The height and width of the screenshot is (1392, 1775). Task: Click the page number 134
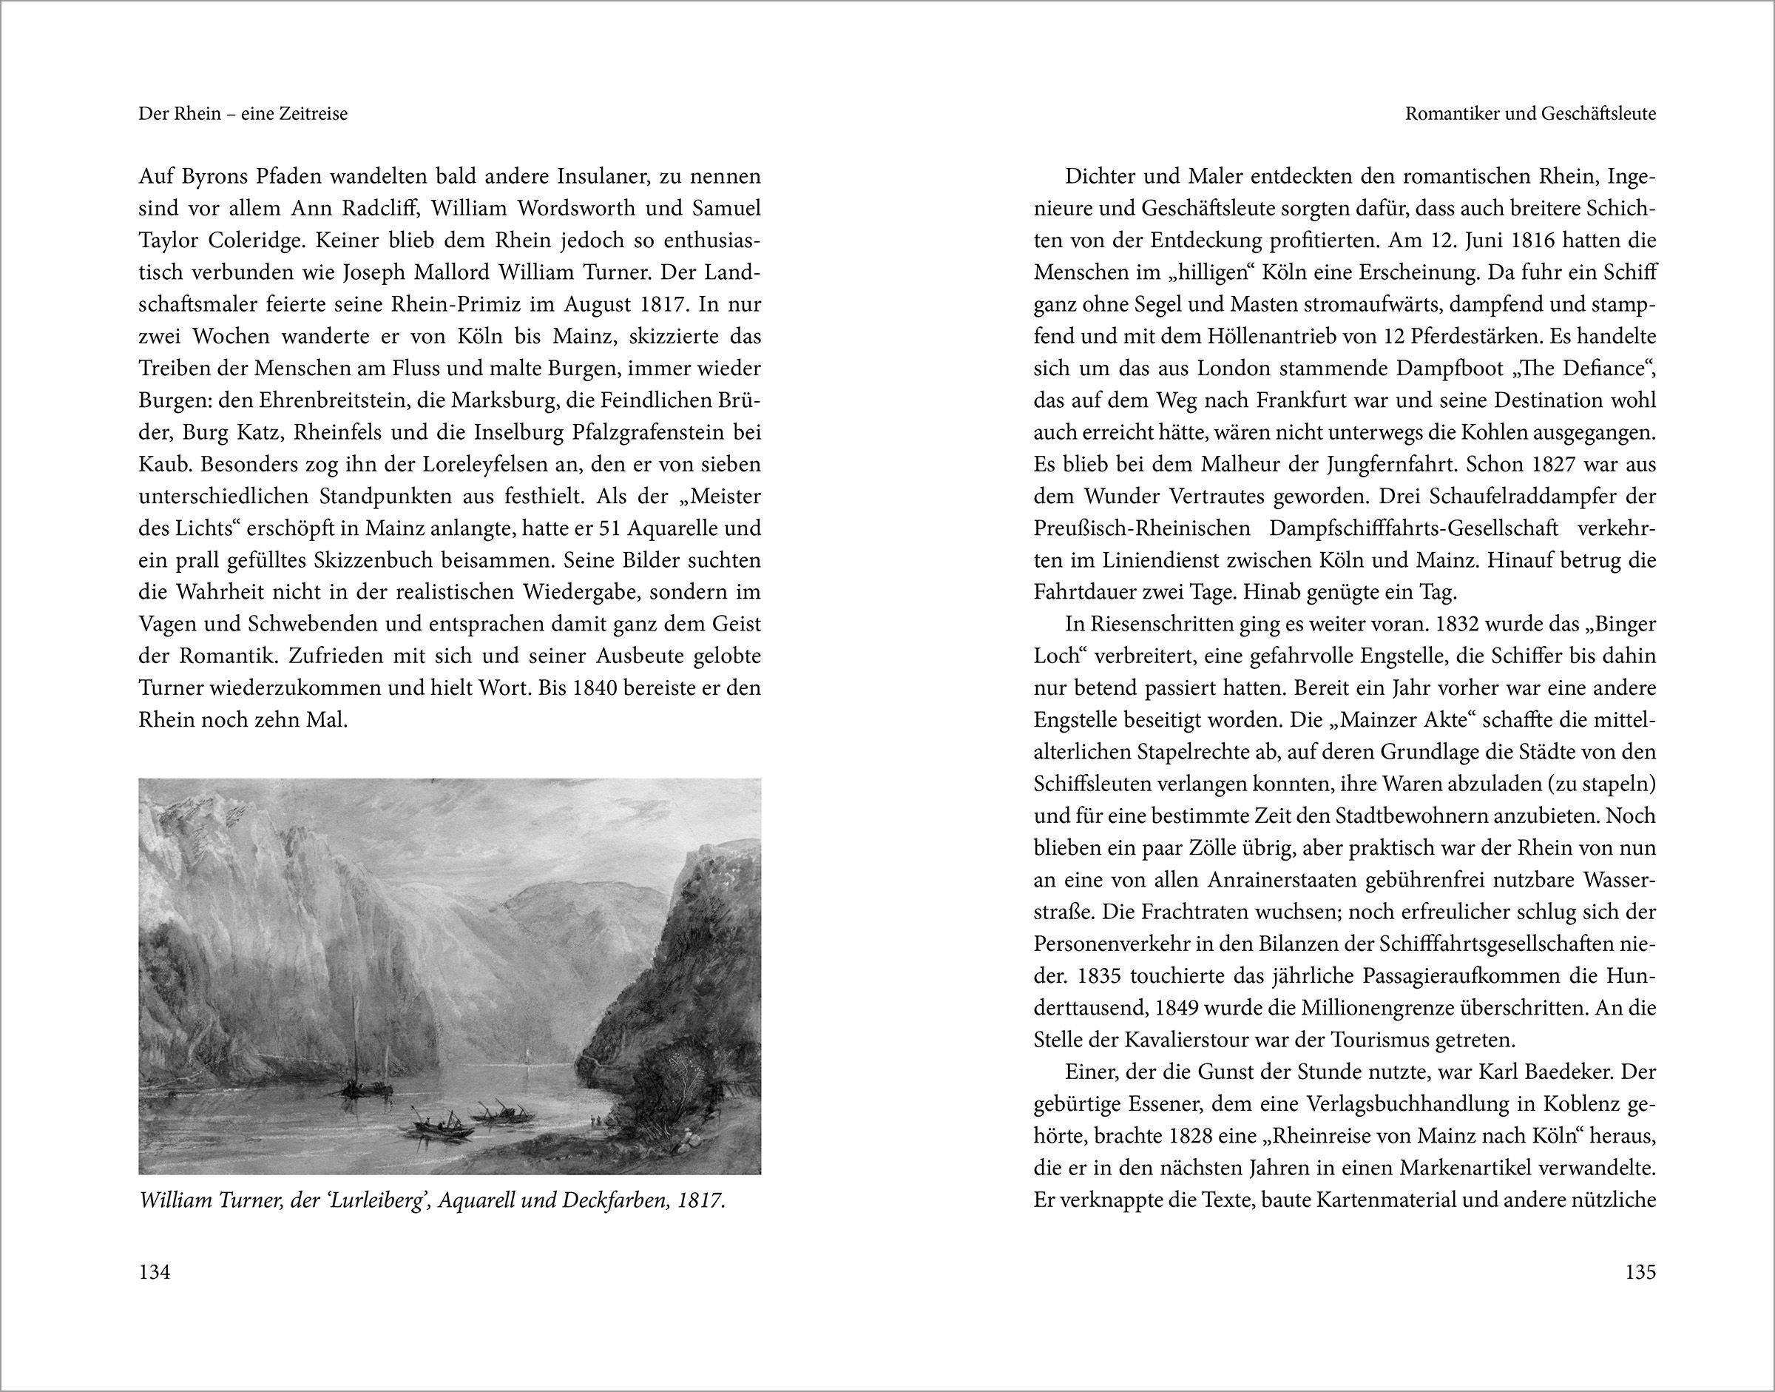click(x=155, y=1271)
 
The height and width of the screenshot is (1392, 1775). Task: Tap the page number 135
click(x=1640, y=1271)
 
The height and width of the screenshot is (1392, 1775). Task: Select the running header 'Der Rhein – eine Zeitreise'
click(x=243, y=114)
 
